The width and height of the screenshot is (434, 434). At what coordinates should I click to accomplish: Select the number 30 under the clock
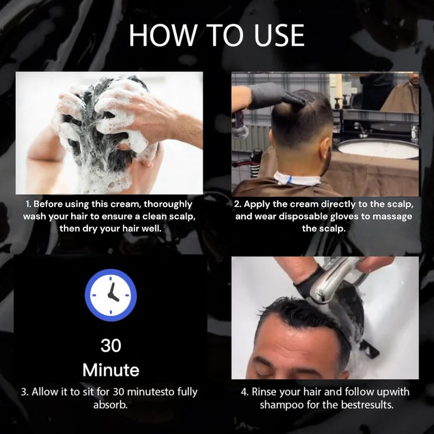pyautogui.click(x=111, y=345)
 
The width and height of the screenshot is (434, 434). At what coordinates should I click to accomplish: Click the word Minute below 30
pyautogui.click(x=111, y=370)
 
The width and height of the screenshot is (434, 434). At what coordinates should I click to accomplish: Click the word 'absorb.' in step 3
pyautogui.click(x=111, y=405)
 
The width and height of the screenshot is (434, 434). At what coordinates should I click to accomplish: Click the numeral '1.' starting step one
pyautogui.click(x=29, y=204)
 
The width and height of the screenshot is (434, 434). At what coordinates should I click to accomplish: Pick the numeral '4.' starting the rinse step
pyautogui.click(x=245, y=392)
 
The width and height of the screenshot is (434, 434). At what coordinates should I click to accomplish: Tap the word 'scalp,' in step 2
pyautogui.click(x=397, y=204)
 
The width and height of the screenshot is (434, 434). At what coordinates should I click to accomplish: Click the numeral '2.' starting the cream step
pyautogui.click(x=238, y=204)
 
